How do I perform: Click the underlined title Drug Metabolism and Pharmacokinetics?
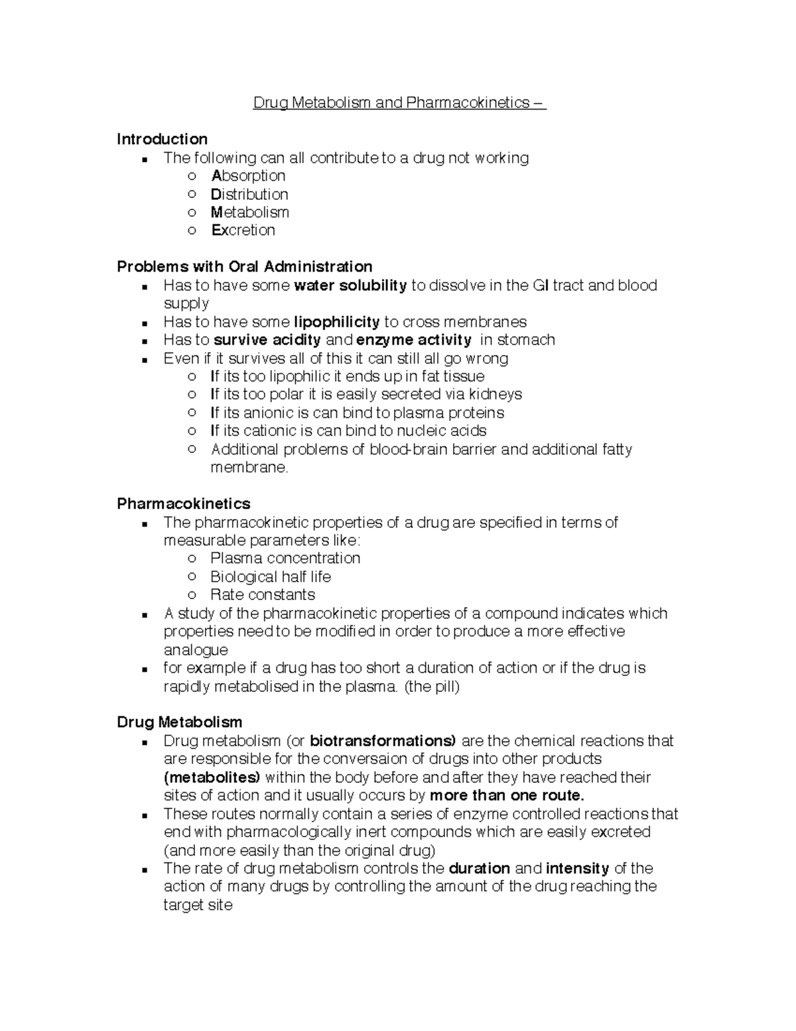click(399, 103)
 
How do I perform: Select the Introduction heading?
click(162, 139)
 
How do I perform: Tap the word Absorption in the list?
click(248, 176)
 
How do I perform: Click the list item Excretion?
click(243, 230)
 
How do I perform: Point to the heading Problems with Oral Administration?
click(244, 267)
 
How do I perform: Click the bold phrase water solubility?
click(350, 285)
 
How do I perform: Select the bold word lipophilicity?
click(336, 322)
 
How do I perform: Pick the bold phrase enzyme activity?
click(414, 340)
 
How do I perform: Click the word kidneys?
click(496, 394)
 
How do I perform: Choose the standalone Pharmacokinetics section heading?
click(183, 504)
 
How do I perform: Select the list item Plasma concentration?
click(285, 558)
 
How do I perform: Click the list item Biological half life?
click(270, 577)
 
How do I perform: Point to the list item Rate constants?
click(262, 595)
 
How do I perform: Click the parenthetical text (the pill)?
click(432, 686)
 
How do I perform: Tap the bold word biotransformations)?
click(383, 741)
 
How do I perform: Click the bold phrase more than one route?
click(507, 795)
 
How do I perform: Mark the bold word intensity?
click(577, 868)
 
